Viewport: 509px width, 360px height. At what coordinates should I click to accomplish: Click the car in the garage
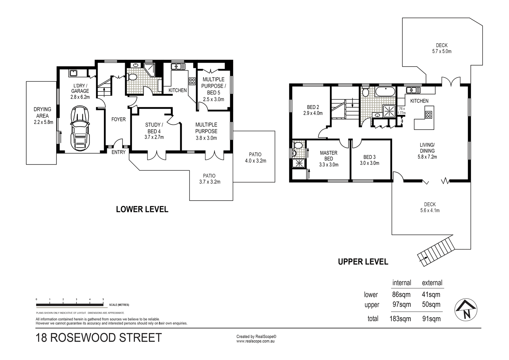coord(80,128)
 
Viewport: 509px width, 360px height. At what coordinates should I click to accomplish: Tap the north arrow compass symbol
coord(466,310)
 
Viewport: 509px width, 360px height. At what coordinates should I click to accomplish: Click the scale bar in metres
coord(70,305)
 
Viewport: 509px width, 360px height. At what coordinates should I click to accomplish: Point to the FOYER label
coord(118,120)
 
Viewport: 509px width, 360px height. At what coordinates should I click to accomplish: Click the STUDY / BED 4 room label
coord(154,128)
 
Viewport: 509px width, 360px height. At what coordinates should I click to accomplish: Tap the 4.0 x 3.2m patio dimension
coord(255,161)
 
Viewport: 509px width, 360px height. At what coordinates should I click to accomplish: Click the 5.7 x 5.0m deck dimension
coord(442,51)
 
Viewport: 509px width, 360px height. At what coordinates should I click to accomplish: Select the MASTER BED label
coord(328,156)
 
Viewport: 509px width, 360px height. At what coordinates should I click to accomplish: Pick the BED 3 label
coord(369,157)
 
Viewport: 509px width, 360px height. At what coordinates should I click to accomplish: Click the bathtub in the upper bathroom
coord(385,92)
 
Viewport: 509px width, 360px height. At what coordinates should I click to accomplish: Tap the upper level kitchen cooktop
coord(428,114)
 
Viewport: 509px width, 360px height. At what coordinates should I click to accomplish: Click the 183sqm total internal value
coord(400,319)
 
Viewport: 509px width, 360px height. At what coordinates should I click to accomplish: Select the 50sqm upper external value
coord(431,305)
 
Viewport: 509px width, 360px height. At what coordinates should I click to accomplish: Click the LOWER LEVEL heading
coord(142,210)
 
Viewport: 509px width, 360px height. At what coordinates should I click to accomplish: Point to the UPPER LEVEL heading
coord(363,262)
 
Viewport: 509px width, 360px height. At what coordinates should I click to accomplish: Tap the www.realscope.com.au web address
coord(255,341)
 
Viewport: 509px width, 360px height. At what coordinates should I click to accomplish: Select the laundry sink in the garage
coord(73,73)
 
